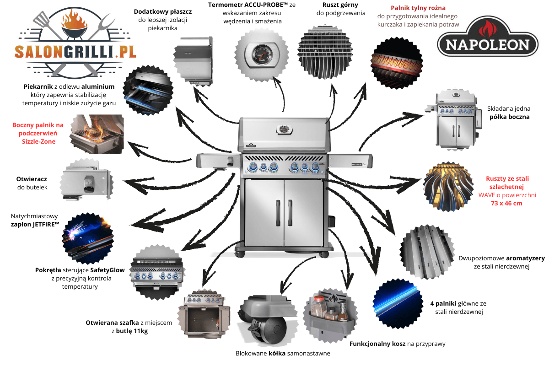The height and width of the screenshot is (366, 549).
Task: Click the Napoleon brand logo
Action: (488, 37)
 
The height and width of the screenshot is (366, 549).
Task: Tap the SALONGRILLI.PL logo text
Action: (75, 52)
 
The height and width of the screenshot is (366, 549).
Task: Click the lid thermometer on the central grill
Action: (284, 129)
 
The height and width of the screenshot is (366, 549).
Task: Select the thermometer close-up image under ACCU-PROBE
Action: (262, 54)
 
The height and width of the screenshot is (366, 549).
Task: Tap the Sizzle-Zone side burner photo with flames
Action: (97, 134)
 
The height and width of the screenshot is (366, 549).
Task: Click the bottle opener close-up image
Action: (87, 180)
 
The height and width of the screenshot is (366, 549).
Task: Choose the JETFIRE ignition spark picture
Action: (88, 238)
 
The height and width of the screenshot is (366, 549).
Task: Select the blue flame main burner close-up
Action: (398, 303)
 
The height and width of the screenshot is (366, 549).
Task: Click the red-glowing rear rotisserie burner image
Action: (397, 63)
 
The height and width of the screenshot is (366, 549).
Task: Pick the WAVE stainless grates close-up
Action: (448, 187)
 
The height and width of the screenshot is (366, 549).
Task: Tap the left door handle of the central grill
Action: (278, 213)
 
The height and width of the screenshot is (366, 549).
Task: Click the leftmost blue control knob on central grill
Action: (253, 167)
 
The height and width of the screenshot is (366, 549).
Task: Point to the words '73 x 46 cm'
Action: (506, 203)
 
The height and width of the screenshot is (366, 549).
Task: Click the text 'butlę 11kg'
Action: (132, 331)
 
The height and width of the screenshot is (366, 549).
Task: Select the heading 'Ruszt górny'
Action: (340, 5)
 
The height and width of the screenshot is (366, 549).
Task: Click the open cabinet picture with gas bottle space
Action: (205, 313)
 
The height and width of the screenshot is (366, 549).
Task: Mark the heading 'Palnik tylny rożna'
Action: (418, 8)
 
